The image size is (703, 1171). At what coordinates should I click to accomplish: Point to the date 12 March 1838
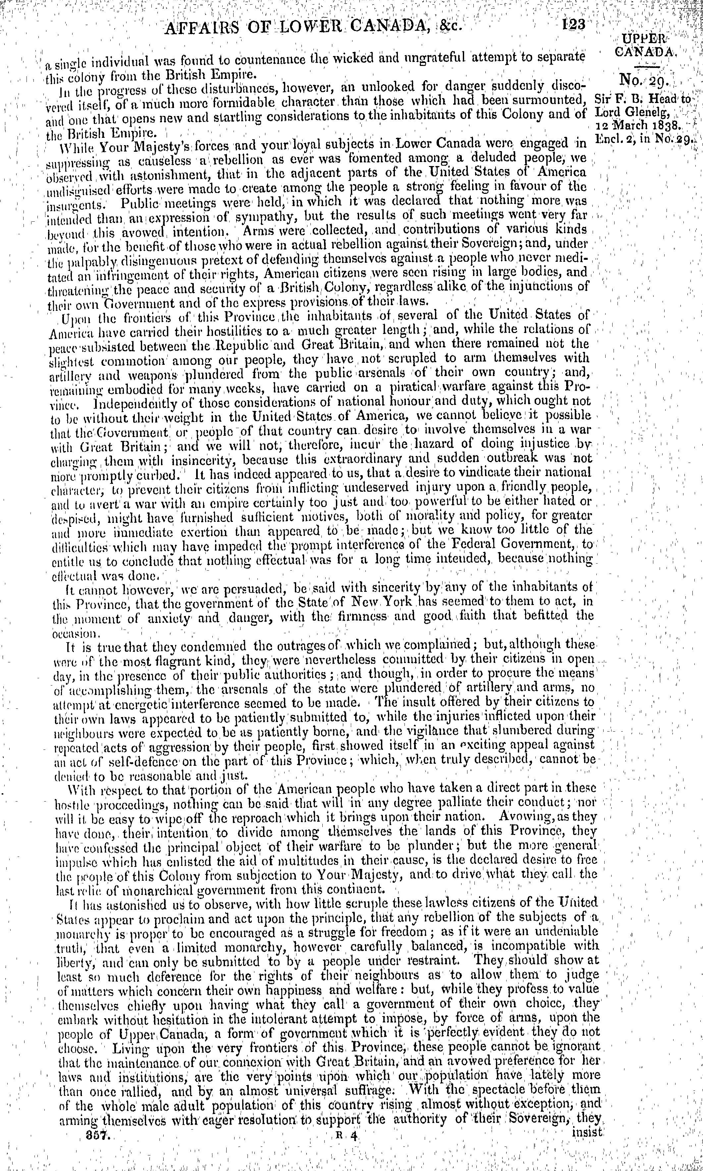[638, 127]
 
